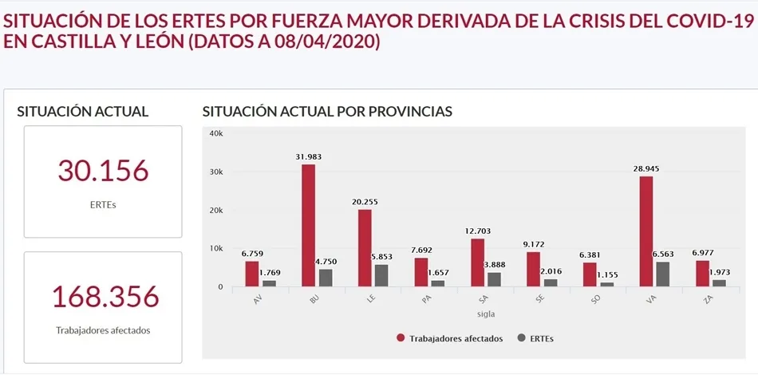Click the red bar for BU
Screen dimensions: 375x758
click(x=308, y=226)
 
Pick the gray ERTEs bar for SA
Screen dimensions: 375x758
click(x=495, y=279)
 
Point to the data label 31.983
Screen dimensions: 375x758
click(x=308, y=157)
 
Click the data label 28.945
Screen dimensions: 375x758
click(x=645, y=169)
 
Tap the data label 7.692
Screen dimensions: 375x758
click(x=420, y=250)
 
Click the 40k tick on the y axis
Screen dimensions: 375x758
click(x=215, y=133)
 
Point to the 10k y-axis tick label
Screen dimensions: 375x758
click(x=215, y=248)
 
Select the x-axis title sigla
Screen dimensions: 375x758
click(x=476, y=314)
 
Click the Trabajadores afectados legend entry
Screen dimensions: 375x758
click(x=455, y=338)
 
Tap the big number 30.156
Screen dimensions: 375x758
click(x=103, y=170)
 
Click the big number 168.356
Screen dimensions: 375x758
click(x=104, y=297)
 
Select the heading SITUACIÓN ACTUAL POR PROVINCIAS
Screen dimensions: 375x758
click(x=327, y=111)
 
